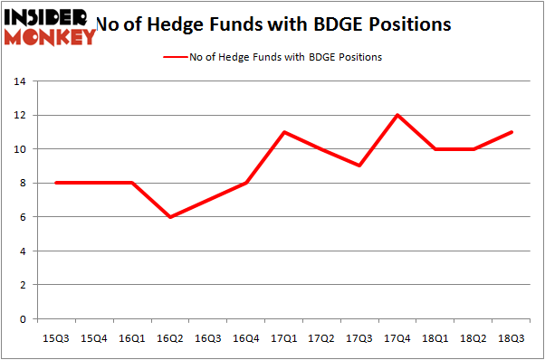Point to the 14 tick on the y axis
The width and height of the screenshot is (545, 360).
tap(18, 81)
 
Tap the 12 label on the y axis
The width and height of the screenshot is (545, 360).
tap(18, 115)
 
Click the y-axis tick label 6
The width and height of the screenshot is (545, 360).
tap(21, 217)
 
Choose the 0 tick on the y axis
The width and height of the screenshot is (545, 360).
tap(21, 319)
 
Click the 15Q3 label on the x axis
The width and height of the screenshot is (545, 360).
tap(57, 337)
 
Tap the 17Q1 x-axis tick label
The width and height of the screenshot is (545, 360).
tap(284, 337)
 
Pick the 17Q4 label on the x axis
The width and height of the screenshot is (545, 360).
tap(397, 337)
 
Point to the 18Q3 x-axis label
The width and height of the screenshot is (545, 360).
tap(512, 337)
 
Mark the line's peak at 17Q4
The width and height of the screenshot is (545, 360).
tap(397, 115)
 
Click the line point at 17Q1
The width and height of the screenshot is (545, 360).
tap(284, 132)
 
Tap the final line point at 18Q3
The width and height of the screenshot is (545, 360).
tap(512, 132)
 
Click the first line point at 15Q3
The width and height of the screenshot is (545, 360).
tap(57, 183)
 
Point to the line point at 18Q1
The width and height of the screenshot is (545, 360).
tap(435, 149)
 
